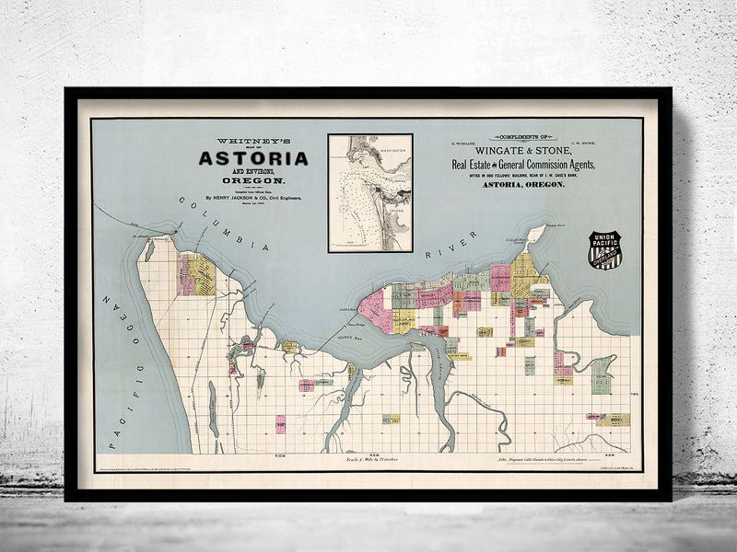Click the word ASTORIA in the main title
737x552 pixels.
[x=253, y=158]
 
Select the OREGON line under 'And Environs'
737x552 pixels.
[x=253, y=181]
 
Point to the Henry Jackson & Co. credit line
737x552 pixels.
[x=253, y=196]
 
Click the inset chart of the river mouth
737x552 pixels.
[x=369, y=192]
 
